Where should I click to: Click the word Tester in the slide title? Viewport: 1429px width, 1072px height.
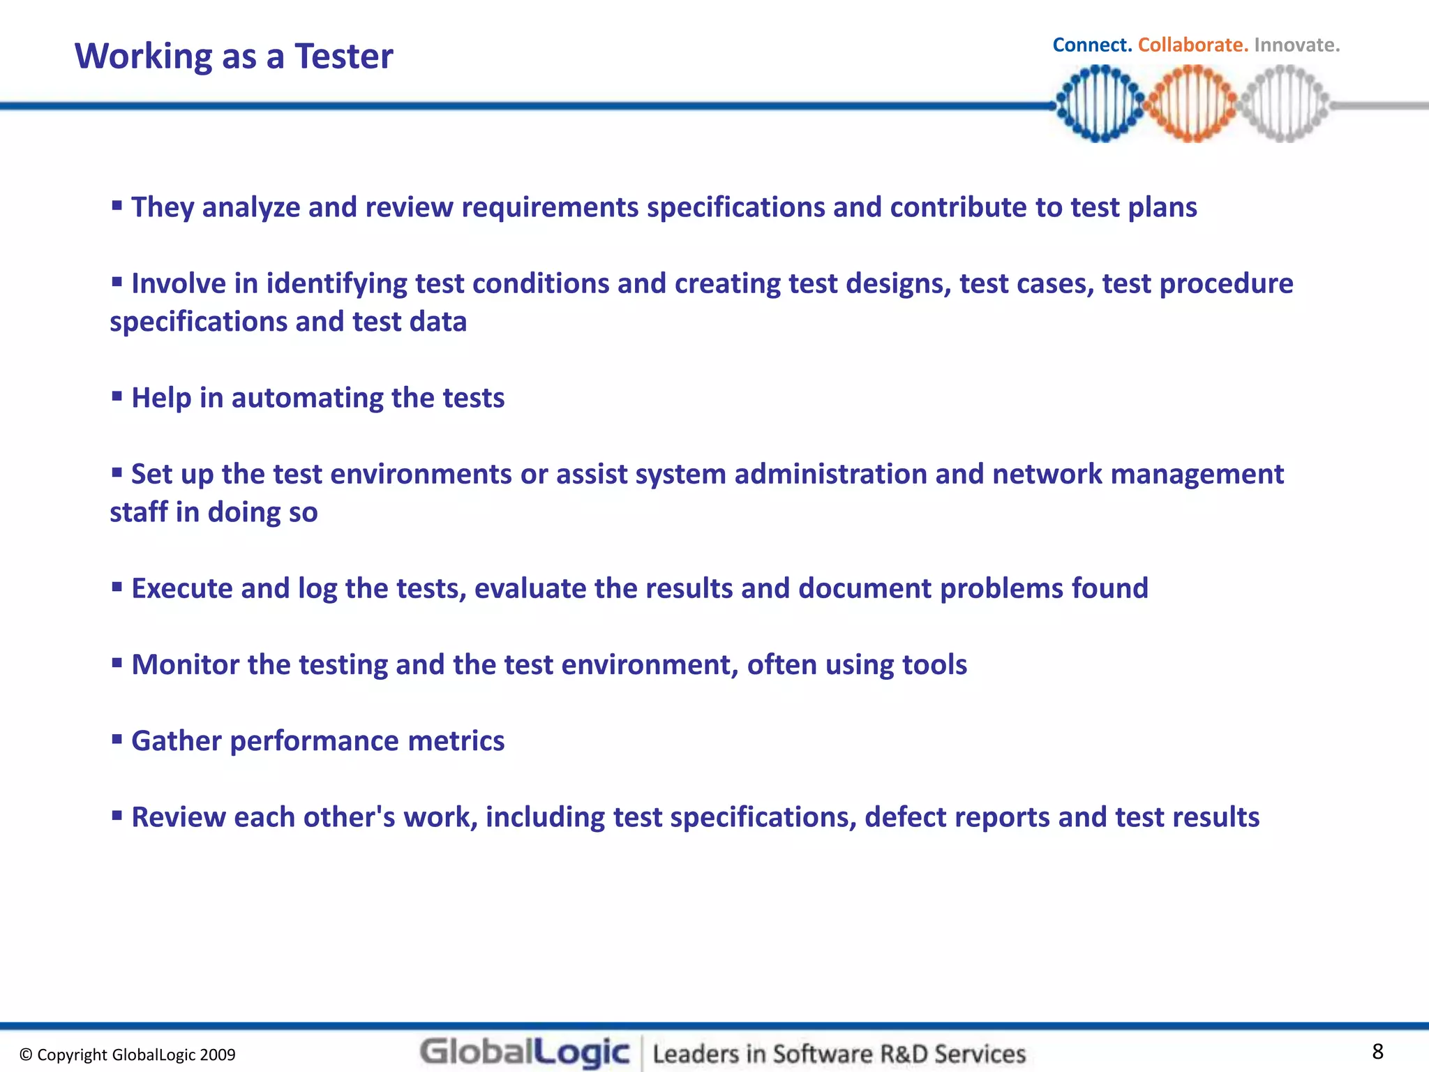point(343,56)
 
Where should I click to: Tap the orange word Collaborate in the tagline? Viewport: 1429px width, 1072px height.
point(1192,45)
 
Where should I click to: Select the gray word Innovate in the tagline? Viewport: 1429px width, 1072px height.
point(1296,45)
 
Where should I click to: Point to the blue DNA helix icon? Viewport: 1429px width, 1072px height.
point(1100,103)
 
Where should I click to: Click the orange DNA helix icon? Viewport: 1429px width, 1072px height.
point(1192,103)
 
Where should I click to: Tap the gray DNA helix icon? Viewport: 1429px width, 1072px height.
point(1284,103)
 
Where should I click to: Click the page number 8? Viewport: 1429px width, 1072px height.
point(1377,1051)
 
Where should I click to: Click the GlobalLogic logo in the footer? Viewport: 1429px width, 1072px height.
point(525,1052)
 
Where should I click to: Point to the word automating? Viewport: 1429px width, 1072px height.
point(307,398)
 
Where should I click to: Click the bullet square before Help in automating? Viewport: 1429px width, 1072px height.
point(117,396)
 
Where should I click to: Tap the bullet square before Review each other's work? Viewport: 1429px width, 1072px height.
point(117,815)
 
